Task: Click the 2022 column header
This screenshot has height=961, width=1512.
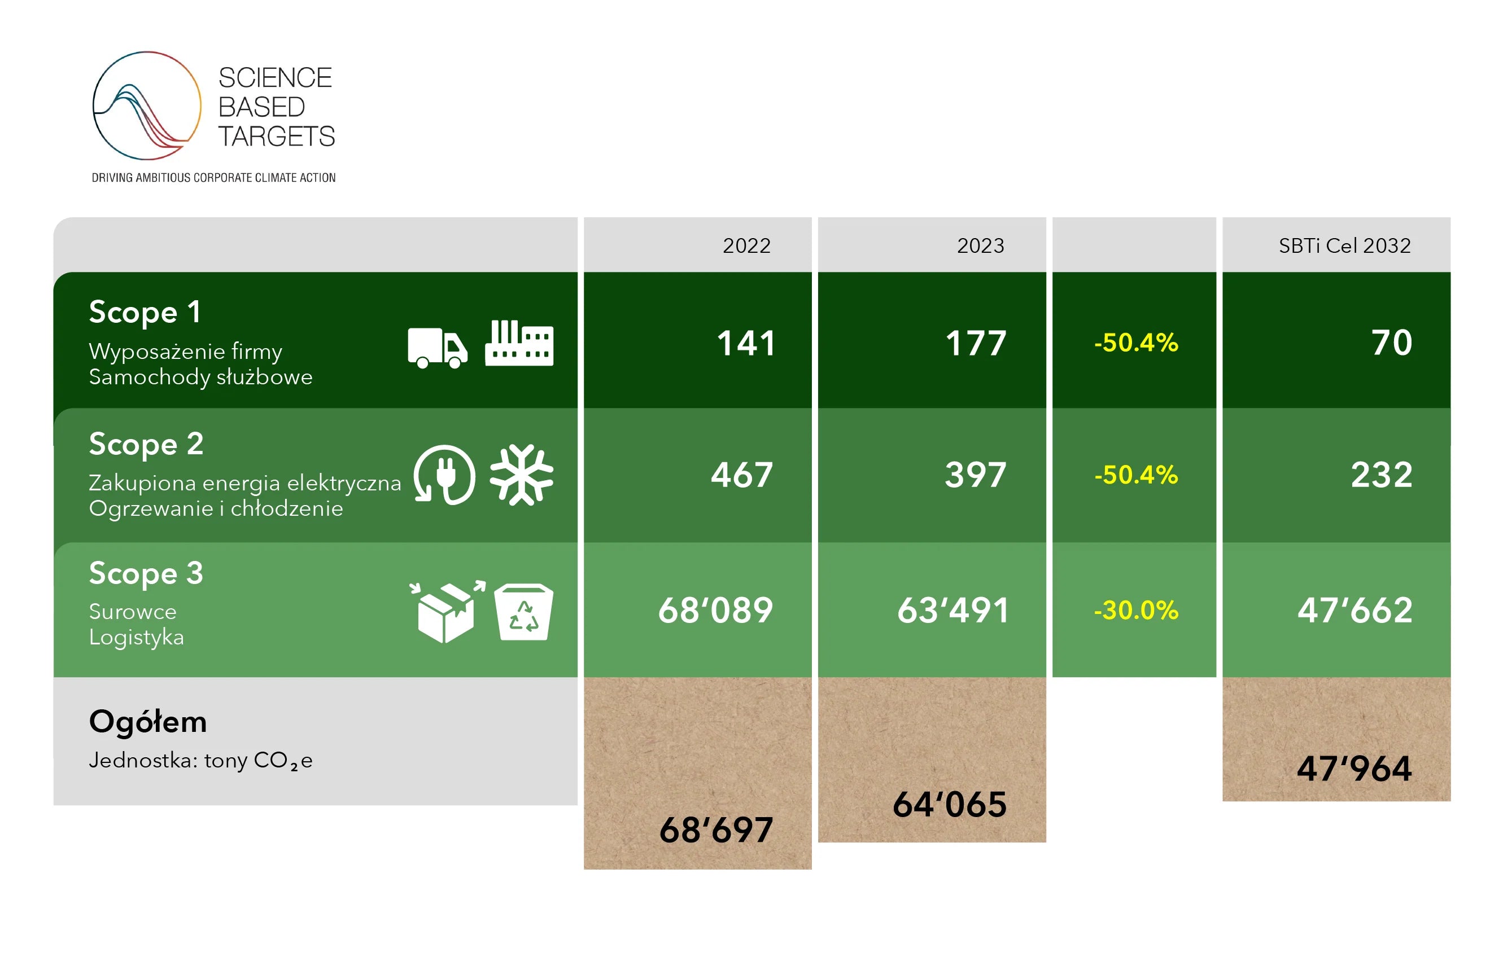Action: click(x=746, y=245)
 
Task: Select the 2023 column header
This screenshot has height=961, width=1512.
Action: click(x=980, y=245)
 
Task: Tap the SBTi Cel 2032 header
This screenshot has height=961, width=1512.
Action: click(x=1344, y=245)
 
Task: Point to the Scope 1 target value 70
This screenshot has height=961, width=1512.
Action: click(x=1391, y=343)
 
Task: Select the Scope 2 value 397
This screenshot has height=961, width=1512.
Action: click(x=976, y=475)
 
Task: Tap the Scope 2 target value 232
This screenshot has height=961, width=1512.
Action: click(x=1382, y=475)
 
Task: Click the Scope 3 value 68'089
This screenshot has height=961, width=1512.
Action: click(x=715, y=610)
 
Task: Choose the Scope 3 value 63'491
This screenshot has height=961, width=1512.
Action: click(x=952, y=610)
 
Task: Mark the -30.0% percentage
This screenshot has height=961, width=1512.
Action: click(x=1136, y=610)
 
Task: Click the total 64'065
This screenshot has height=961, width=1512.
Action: click(x=950, y=804)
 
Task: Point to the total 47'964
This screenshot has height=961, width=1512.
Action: click(x=1354, y=769)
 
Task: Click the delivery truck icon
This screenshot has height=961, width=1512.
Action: click(x=437, y=348)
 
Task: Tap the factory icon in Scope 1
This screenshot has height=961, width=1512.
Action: click(x=519, y=343)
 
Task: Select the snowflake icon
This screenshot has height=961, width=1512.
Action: click(x=521, y=475)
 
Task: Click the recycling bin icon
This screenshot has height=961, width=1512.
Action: click(x=524, y=612)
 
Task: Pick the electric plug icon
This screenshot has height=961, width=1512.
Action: click(x=444, y=475)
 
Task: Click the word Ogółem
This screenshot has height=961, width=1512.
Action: click(x=148, y=721)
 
